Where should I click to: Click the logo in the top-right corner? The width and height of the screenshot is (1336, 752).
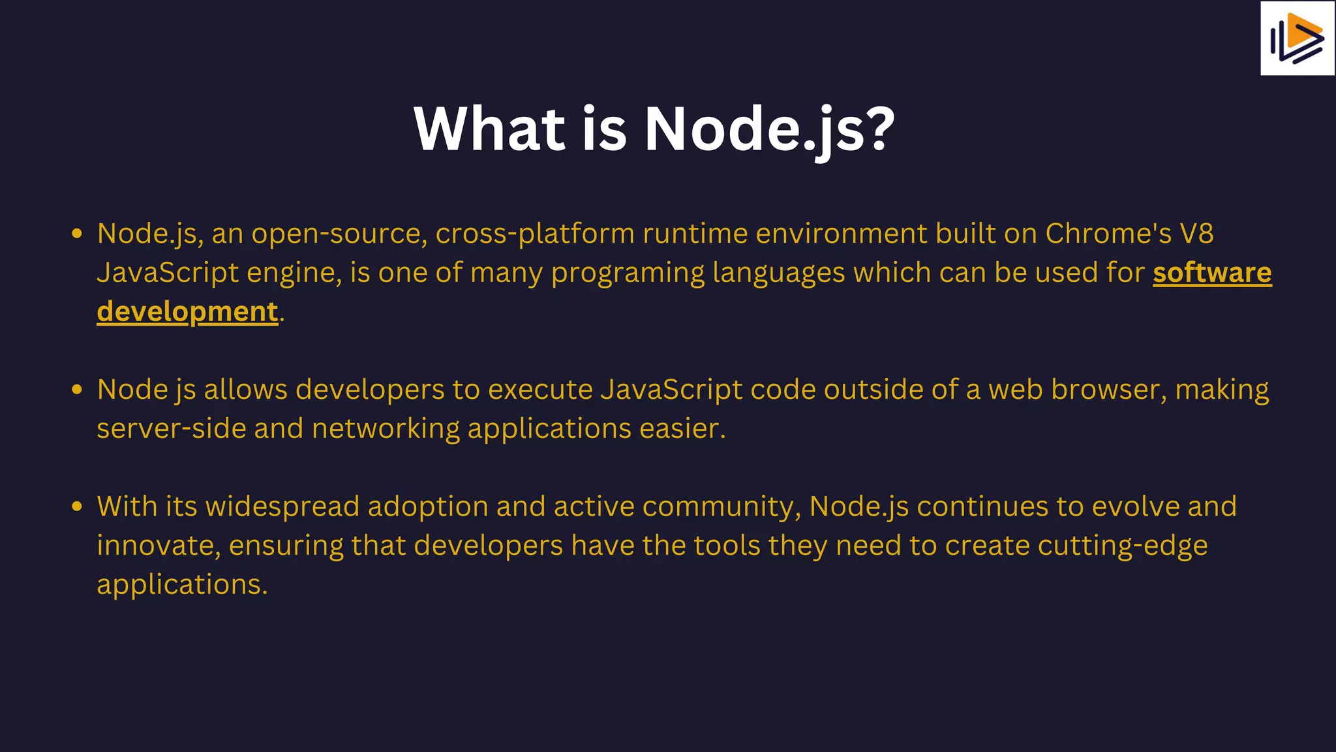click(1297, 39)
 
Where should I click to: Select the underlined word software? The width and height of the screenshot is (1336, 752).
click(1212, 273)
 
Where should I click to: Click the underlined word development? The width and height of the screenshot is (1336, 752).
click(188, 312)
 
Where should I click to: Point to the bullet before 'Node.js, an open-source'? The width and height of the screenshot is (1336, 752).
click(77, 234)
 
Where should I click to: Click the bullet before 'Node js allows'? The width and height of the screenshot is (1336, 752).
click(77, 390)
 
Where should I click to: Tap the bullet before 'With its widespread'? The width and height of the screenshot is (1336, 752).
click(77, 507)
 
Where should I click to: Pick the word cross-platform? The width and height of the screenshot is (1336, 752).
click(535, 234)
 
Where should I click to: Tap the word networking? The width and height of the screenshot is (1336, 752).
click(386, 429)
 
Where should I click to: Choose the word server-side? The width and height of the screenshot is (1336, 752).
click(171, 429)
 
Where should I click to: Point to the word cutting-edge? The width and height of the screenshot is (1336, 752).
click(1122, 546)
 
